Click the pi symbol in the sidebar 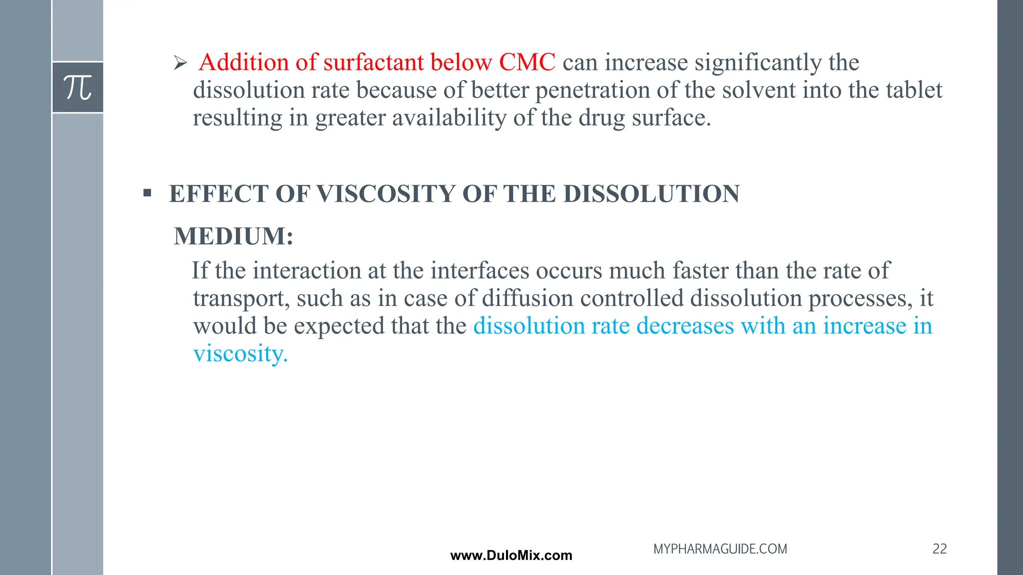pos(78,87)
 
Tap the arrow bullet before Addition pos(180,63)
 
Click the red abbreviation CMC pos(527,62)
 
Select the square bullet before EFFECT pos(147,193)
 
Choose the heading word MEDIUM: pos(233,236)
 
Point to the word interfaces pos(480,271)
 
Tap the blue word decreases pos(685,326)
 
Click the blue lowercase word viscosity pos(240,354)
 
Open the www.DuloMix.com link pos(511,556)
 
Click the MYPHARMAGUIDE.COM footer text pos(720,549)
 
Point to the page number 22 pos(939,549)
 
